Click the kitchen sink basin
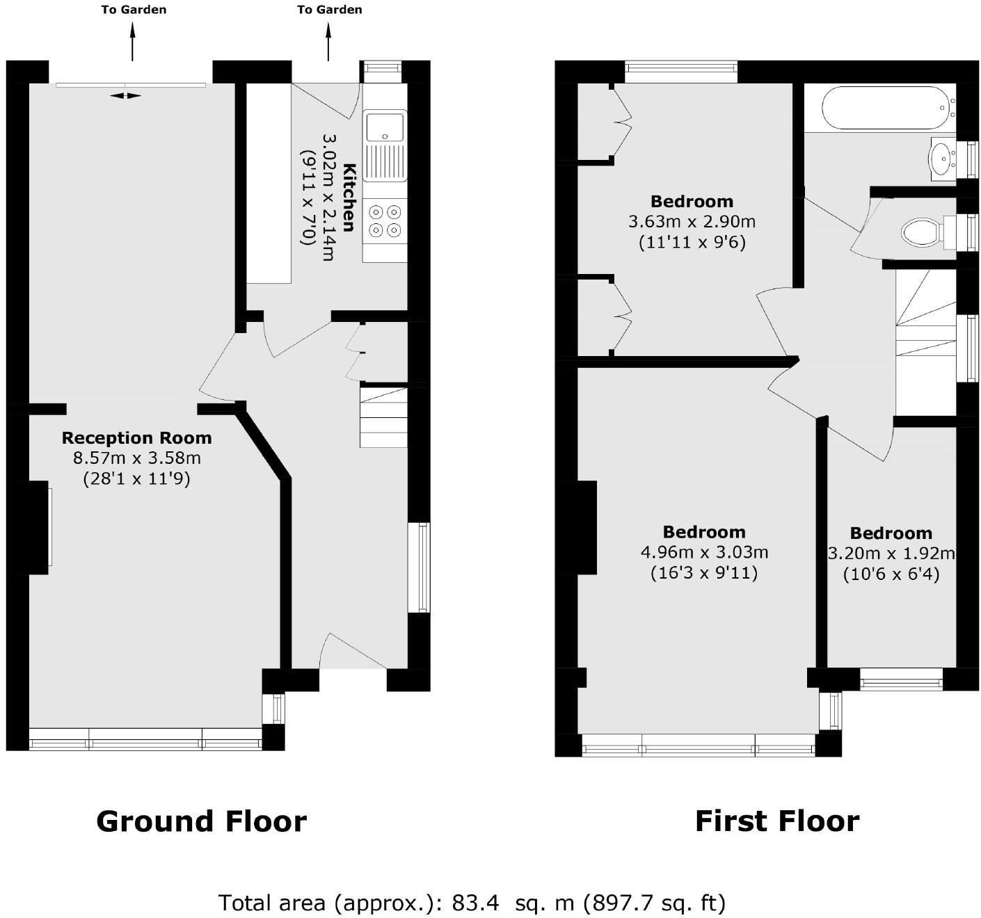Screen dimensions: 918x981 click(x=385, y=126)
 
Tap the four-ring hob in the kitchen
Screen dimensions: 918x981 click(x=385, y=220)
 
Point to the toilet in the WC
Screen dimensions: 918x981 click(x=920, y=232)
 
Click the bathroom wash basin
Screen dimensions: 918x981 click(x=943, y=159)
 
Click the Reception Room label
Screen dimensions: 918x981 click(x=136, y=438)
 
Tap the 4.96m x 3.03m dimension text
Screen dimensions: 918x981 click(x=704, y=552)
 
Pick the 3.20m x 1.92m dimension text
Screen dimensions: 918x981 click(x=891, y=554)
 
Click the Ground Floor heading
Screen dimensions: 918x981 click(x=201, y=821)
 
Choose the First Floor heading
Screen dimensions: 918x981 click(x=777, y=821)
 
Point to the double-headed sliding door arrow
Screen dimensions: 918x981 click(x=126, y=95)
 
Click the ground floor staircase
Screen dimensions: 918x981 click(x=383, y=417)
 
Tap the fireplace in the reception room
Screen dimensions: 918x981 click(x=39, y=527)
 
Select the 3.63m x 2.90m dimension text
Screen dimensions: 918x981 click(x=692, y=222)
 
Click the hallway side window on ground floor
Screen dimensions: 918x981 click(x=419, y=567)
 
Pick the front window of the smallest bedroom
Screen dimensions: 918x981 click(x=901, y=679)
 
